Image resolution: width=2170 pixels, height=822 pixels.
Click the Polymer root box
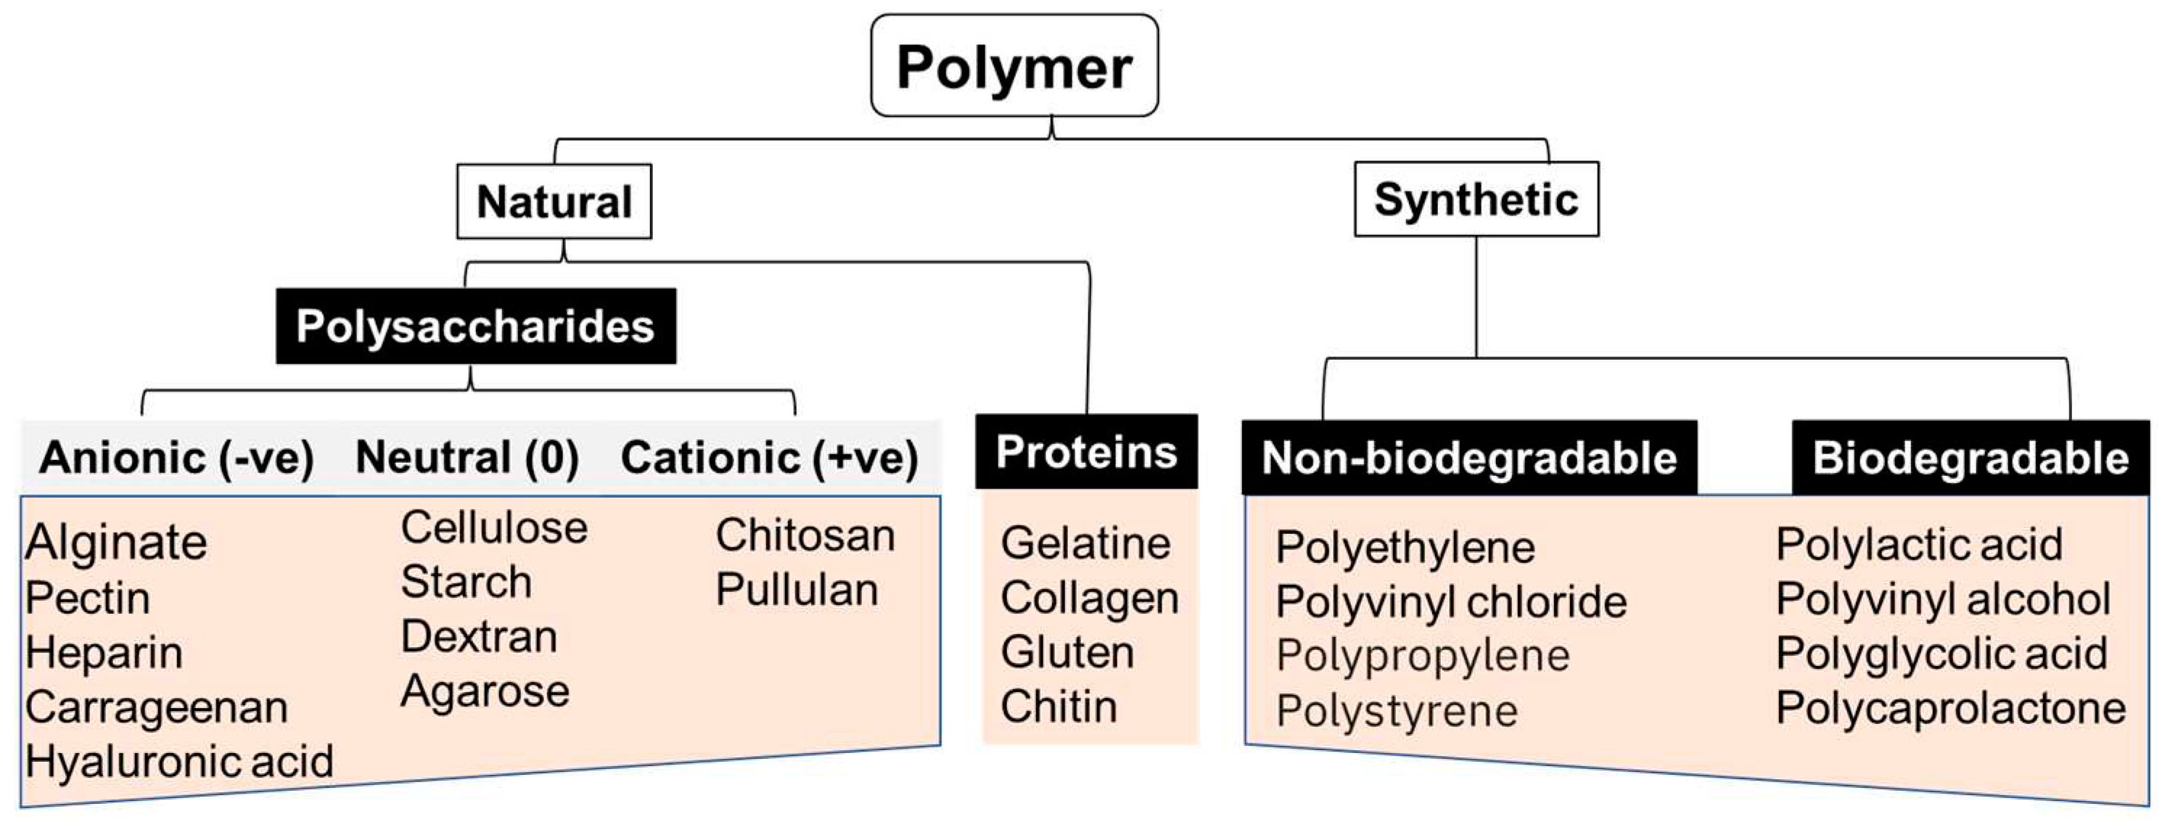[x=1014, y=67]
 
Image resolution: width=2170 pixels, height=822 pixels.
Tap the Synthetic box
[x=1476, y=200]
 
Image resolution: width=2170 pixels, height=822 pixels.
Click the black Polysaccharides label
[x=476, y=326]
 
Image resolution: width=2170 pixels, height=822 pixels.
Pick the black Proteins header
[x=1087, y=452]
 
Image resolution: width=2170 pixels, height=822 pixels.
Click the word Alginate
[x=116, y=543]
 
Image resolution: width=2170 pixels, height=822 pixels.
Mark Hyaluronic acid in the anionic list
[x=179, y=761]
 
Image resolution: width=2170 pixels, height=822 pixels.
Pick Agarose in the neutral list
[x=485, y=692]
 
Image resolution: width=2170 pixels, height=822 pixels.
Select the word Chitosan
[x=805, y=535]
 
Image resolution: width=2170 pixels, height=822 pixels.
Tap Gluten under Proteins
[x=1067, y=653]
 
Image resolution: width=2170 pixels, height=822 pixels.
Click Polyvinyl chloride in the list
[x=1450, y=602]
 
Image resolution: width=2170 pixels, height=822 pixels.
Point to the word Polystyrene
[x=1397, y=711]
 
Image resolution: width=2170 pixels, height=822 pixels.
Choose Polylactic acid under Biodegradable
[x=1919, y=545]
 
